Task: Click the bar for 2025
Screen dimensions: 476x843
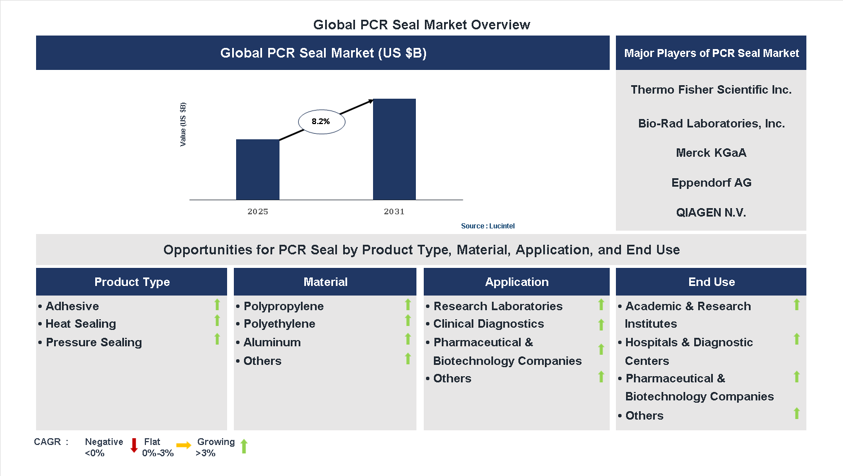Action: [x=258, y=169]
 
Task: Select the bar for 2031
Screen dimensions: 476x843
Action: [x=394, y=149]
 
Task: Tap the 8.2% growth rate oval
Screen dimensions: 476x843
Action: [x=321, y=121]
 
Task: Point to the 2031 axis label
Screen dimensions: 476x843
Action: [x=394, y=211]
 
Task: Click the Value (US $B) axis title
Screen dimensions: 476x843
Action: [x=183, y=125]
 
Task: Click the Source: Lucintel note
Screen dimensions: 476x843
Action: [x=487, y=226]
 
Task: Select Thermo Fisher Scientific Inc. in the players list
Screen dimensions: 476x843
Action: [x=711, y=90]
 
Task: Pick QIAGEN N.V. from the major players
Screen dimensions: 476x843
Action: [x=711, y=213]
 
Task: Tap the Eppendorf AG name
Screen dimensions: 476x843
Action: [x=711, y=183]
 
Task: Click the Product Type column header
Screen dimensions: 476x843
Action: [x=132, y=282]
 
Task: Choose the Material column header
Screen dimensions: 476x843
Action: [x=325, y=282]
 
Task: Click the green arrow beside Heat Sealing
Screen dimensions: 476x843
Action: [x=217, y=321]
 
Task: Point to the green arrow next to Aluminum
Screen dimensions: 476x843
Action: [x=408, y=339]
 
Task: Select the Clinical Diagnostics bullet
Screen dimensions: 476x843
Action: [x=488, y=324]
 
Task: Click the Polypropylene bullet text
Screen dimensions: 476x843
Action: [x=283, y=306]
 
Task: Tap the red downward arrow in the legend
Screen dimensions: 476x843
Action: [x=134, y=446]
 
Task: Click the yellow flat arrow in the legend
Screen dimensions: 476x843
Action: [x=184, y=446]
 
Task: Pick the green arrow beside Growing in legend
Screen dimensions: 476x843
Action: [x=244, y=446]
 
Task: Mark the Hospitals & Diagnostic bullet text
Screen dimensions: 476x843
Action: [x=689, y=342]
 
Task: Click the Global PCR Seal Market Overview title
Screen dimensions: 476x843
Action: [x=421, y=25]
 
